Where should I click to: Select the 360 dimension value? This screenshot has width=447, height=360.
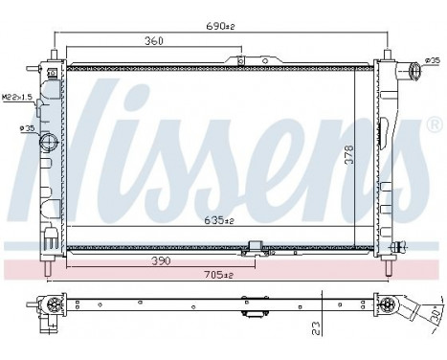(154, 42)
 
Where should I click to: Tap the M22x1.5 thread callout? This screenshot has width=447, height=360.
(17, 98)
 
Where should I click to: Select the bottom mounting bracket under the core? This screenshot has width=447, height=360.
(254, 247)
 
